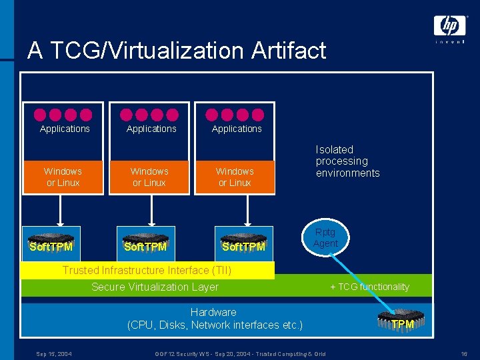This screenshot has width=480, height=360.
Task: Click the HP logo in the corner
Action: click(x=450, y=27)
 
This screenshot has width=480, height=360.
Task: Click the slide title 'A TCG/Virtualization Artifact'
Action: click(x=177, y=51)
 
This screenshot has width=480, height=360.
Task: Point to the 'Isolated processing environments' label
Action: click(x=347, y=161)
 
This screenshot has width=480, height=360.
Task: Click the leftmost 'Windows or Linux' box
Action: click(x=63, y=177)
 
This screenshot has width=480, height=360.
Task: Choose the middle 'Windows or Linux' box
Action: click(x=149, y=177)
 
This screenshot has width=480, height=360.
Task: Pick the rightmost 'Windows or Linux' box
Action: click(x=235, y=177)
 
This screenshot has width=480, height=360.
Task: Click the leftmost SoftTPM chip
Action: click(x=51, y=243)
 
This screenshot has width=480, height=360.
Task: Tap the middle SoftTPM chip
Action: click(x=145, y=243)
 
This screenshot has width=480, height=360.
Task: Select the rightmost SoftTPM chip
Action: click(x=243, y=243)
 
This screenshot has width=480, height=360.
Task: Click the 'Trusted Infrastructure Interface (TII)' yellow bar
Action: click(x=147, y=270)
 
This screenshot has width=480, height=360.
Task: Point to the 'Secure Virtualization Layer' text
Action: click(x=155, y=287)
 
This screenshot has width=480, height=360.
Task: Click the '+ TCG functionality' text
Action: click(x=369, y=287)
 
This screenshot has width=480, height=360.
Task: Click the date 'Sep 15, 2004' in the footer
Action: click(x=54, y=353)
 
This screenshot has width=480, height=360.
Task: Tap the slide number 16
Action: click(x=463, y=353)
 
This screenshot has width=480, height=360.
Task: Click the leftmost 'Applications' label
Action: click(x=65, y=129)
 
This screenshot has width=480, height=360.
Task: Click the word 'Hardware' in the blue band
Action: click(x=213, y=312)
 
